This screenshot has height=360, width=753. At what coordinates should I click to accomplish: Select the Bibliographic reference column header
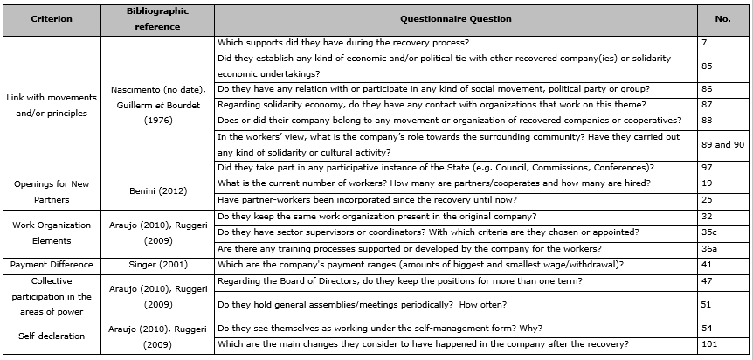[x=157, y=19]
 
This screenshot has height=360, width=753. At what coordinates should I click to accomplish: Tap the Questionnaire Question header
[x=455, y=19]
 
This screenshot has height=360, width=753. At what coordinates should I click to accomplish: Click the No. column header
[x=722, y=19]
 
